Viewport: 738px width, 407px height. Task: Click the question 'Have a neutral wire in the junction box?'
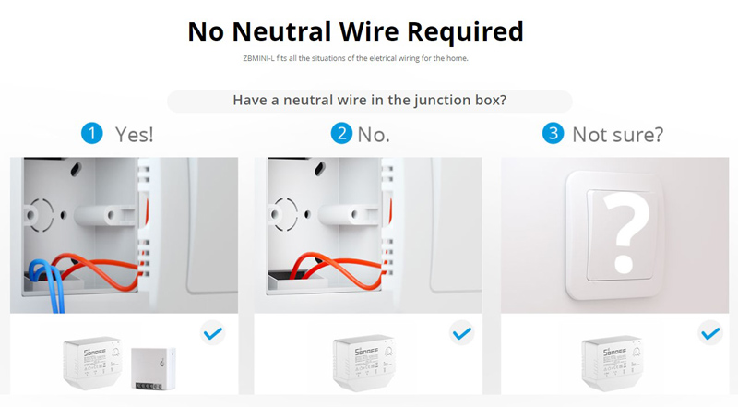pos(370,101)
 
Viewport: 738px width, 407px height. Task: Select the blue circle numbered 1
pos(91,133)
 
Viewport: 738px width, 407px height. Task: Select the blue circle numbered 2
pos(341,133)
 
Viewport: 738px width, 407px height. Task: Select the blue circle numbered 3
pos(553,133)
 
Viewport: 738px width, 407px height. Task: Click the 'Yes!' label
pos(135,134)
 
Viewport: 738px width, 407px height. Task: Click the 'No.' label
pos(374,134)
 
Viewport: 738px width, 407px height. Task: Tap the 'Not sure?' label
pos(617,134)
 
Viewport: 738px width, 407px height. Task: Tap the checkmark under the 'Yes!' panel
pos(213,332)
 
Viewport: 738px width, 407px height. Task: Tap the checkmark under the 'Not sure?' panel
pos(709,332)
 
